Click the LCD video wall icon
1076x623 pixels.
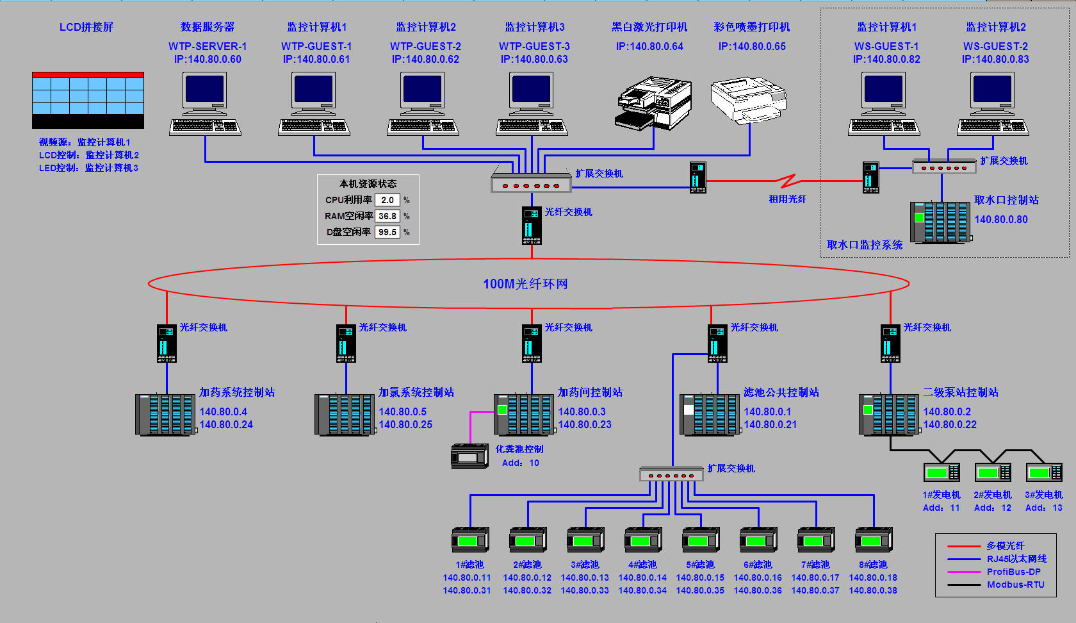[88, 100]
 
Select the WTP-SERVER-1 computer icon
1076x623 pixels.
[205, 103]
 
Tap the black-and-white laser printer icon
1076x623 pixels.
[653, 103]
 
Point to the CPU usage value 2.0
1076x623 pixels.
[387, 200]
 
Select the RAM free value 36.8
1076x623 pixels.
[387, 216]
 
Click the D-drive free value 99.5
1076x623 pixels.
[387, 232]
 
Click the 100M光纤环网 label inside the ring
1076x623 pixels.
[525, 284]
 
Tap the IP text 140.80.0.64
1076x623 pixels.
[649, 46]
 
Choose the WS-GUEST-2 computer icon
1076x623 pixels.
[993, 103]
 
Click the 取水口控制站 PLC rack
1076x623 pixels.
[940, 222]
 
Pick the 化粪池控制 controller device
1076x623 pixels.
[470, 456]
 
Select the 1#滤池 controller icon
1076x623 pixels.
[470, 540]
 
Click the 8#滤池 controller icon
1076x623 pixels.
[874, 540]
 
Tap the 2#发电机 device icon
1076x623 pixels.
[992, 472]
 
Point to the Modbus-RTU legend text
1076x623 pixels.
[1015, 585]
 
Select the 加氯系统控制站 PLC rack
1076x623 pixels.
[345, 415]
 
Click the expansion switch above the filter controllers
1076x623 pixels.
[671, 474]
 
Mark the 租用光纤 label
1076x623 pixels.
[787, 199]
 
